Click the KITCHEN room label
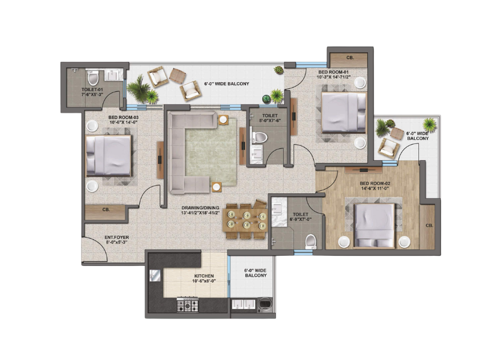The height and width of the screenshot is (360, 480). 203,276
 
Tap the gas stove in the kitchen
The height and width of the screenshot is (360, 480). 187,305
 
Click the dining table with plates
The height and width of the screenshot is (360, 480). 245,220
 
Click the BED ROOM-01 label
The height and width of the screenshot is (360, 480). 334,72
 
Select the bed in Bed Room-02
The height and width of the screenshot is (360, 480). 374,226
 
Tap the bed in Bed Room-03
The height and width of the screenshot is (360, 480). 109,156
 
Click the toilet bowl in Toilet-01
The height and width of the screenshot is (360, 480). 93,78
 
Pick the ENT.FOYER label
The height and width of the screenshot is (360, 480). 116,237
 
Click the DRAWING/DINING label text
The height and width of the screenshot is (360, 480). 200,208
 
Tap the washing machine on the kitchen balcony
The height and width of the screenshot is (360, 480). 265,305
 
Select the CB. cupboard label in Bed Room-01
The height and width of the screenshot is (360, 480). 350,58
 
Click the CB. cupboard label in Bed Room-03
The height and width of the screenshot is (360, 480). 106,209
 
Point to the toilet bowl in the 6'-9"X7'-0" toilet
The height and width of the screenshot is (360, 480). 311,242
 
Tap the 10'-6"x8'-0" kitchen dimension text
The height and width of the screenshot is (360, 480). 204,281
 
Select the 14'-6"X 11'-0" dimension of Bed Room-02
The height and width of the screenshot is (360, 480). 375,188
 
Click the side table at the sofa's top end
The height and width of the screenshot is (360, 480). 223,119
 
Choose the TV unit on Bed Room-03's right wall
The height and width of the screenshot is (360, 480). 160,160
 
